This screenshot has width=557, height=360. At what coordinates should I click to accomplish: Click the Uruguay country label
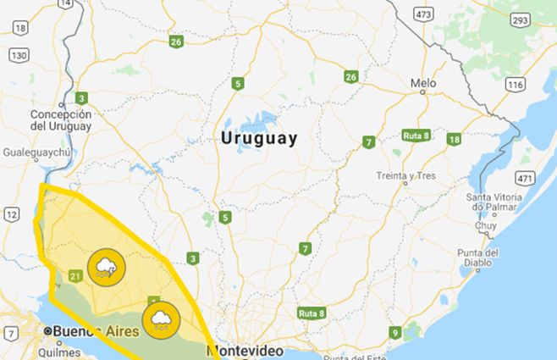pyautogui.click(x=259, y=139)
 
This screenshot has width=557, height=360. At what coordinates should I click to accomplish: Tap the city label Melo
pyautogui.click(x=422, y=84)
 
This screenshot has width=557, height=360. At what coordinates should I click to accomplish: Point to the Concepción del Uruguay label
pyautogui.click(x=60, y=120)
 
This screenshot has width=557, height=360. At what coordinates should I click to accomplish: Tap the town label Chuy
pyautogui.click(x=486, y=226)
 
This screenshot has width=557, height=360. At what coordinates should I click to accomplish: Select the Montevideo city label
pyautogui.click(x=250, y=350)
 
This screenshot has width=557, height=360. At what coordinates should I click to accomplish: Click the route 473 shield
pyautogui.click(x=424, y=14)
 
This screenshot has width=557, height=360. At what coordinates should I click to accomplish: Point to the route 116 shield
pyautogui.click(x=515, y=85)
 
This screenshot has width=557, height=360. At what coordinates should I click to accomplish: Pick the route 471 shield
pyautogui.click(x=525, y=179)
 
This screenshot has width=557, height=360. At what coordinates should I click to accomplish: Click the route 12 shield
pyautogui.click(x=11, y=214)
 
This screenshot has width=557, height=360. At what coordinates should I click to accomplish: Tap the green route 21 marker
pyautogui.click(x=75, y=275)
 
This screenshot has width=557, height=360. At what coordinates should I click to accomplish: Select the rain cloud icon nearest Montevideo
pyautogui.click(x=160, y=319)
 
